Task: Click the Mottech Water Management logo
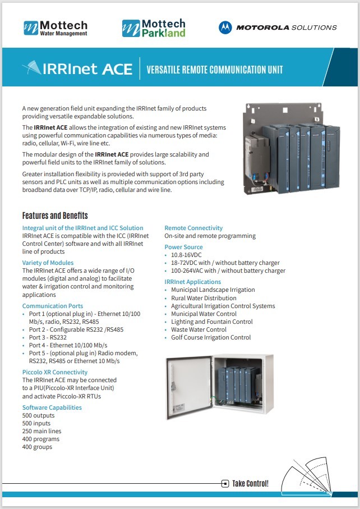[56, 27]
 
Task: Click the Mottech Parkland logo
[153, 27]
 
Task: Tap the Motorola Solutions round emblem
[225, 27]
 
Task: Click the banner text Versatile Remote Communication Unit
[214, 70]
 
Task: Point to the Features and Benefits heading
[55, 215]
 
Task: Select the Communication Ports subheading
[53, 306]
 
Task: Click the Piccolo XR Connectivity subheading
[55, 372]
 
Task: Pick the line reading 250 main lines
[42, 431]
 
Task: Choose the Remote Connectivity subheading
[193, 228]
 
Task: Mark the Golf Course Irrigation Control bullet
[211, 337]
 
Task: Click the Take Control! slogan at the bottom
[250, 483]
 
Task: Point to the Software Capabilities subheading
[52, 407]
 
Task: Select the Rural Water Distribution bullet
[204, 298]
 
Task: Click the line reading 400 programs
[41, 439]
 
